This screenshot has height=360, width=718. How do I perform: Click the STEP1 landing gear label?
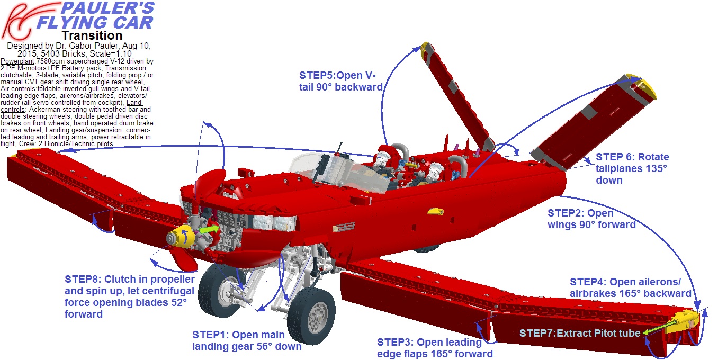pos(247,340)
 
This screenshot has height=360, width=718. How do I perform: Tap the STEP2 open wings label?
pos(591,219)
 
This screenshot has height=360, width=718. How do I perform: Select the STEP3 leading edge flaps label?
pos(435,348)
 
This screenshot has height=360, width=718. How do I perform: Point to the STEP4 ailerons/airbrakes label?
pos(631,287)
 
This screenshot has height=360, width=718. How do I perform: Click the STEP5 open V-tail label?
pos(341,81)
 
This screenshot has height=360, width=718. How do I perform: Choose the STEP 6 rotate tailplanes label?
pos(632,168)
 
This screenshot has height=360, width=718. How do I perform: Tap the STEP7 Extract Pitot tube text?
pos(579,333)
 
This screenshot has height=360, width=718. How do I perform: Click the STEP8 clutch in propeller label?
pos(130,296)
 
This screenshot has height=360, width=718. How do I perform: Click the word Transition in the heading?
pos(92,35)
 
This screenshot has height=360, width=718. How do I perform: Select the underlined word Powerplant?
pos(17,61)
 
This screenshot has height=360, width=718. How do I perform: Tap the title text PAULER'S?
pos(107,8)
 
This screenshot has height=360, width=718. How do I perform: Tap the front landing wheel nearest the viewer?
pos(311,316)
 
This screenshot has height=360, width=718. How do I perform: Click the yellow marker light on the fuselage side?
pos(436,211)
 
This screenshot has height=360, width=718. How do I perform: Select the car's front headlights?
pos(274,222)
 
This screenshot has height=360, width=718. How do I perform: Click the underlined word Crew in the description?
pos(26,144)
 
